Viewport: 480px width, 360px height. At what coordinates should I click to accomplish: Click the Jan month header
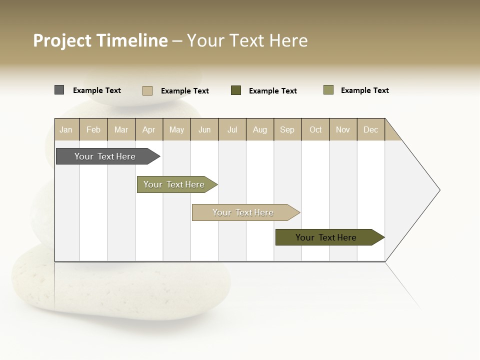[x=66, y=129]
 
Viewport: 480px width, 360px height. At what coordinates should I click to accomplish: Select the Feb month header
[x=93, y=129]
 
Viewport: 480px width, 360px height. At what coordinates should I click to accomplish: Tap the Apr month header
[x=148, y=129]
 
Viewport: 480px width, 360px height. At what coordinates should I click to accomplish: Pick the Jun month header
[x=204, y=129]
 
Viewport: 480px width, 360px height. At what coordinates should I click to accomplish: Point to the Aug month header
[x=259, y=129]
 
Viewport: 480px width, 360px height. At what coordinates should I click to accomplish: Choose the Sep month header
[x=287, y=129]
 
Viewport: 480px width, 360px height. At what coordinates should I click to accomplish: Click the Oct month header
[x=315, y=129]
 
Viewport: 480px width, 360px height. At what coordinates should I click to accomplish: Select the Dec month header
[x=370, y=129]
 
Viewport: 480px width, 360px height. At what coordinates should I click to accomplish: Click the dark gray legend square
[x=59, y=90]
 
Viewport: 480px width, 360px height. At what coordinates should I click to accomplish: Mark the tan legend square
[x=147, y=90]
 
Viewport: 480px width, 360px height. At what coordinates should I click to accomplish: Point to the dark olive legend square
[x=236, y=90]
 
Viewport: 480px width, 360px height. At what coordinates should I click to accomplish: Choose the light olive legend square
[x=328, y=90]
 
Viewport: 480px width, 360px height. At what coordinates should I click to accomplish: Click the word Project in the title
[x=62, y=40]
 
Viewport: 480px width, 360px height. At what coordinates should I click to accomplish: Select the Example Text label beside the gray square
[x=97, y=90]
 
